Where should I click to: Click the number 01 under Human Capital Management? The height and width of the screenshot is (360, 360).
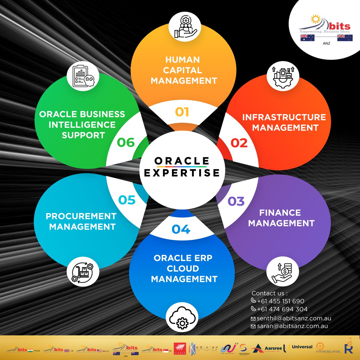pyautogui.click(x=182, y=112)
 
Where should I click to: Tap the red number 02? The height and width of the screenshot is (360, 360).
pyautogui.click(x=239, y=143)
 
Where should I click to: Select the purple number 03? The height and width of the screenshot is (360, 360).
pyautogui.click(x=236, y=201)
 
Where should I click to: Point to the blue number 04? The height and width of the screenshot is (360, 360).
pyautogui.click(x=181, y=229)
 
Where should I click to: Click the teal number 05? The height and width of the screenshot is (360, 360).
pyautogui.click(x=127, y=200)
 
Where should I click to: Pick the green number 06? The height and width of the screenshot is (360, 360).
pyautogui.click(x=126, y=142)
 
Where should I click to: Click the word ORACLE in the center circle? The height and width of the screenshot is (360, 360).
pyautogui.click(x=182, y=161)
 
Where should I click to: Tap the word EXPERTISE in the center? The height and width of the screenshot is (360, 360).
pyautogui.click(x=182, y=173)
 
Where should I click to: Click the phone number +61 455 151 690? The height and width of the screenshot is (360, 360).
pyautogui.click(x=280, y=301)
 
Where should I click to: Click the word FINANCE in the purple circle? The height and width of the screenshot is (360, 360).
pyautogui.click(x=280, y=213)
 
